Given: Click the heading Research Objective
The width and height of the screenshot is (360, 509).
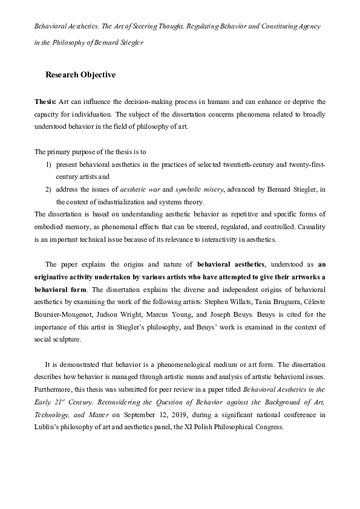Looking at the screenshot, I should tap(80, 76).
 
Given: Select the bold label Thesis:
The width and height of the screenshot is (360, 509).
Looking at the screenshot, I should tap(46, 102).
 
